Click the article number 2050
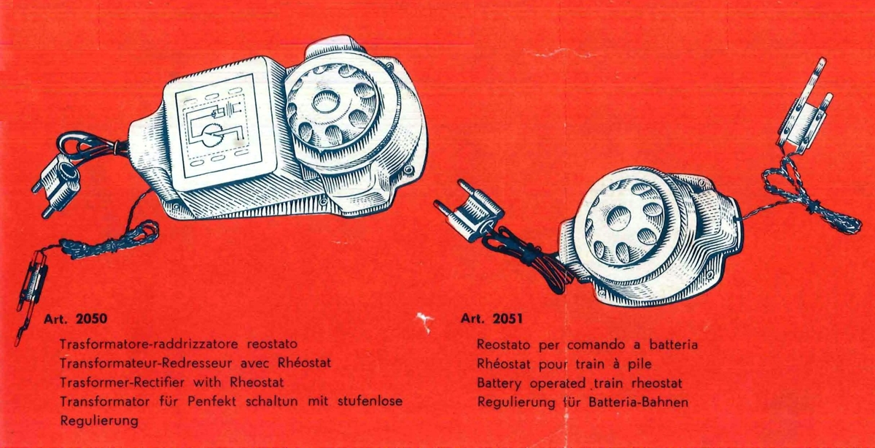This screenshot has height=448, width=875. click(91, 319)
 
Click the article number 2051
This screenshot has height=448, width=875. click(507, 319)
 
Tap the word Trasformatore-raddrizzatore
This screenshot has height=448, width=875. click(149, 344)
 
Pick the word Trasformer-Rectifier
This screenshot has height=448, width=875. click(122, 382)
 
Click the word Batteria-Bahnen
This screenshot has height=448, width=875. click(638, 402)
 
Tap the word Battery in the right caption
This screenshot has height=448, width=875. click(499, 384)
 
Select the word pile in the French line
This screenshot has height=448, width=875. click(640, 364)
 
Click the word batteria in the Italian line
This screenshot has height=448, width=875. click(674, 345)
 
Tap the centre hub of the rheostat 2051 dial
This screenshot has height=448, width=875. click(618, 218)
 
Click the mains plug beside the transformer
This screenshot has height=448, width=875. click(58, 184)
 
